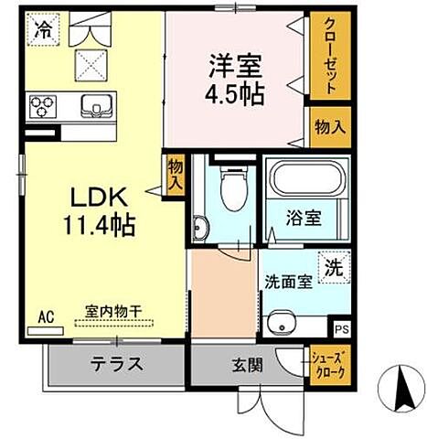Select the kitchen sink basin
coord(94,103)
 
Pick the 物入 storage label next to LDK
coord(176,173)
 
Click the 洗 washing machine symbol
coord(336,268)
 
